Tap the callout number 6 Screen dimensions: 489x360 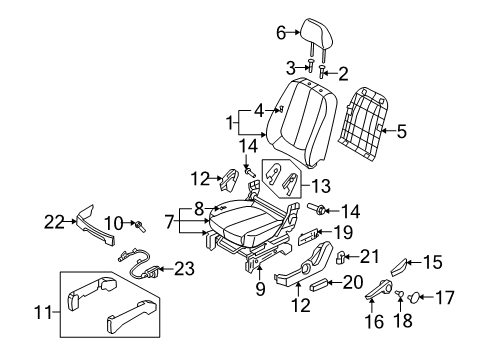pos(281,33)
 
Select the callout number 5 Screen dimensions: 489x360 pos(402,131)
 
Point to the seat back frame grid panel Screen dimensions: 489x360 pos(364,123)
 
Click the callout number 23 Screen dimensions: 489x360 pos(184,268)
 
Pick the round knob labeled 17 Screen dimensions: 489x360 pos(414,297)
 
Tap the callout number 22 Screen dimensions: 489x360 pos(54,222)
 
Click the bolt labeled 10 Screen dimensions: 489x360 pos(140,226)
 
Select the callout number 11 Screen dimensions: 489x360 pos(43,313)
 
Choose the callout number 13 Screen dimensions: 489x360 pos(321,186)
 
